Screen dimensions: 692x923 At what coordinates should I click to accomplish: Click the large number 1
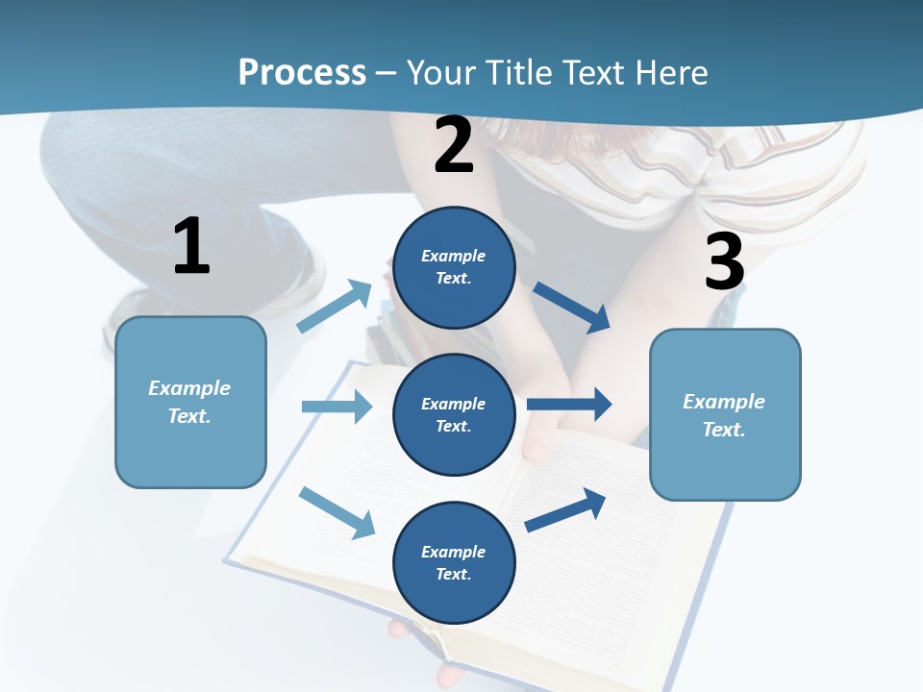click(191, 247)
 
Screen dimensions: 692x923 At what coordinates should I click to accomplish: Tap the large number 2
click(454, 145)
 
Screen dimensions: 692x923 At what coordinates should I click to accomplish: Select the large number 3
click(724, 261)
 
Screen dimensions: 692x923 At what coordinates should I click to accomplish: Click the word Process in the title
click(302, 72)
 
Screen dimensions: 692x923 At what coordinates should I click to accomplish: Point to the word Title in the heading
click(516, 72)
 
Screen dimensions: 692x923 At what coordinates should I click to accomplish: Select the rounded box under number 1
click(190, 452)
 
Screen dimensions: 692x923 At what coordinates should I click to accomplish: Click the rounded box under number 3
click(725, 466)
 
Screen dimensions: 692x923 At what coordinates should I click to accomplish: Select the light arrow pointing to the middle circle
click(337, 407)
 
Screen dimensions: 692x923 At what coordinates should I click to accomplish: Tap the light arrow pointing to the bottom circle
click(337, 512)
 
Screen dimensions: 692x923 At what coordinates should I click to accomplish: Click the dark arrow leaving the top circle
click(571, 308)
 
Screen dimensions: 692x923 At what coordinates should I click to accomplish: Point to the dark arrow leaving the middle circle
click(569, 404)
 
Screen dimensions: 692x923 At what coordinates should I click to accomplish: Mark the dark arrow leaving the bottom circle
click(565, 509)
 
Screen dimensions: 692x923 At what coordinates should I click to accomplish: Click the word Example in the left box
click(189, 388)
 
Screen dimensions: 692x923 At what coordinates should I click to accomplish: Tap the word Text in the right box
click(722, 430)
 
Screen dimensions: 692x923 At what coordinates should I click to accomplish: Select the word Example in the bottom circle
click(454, 552)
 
